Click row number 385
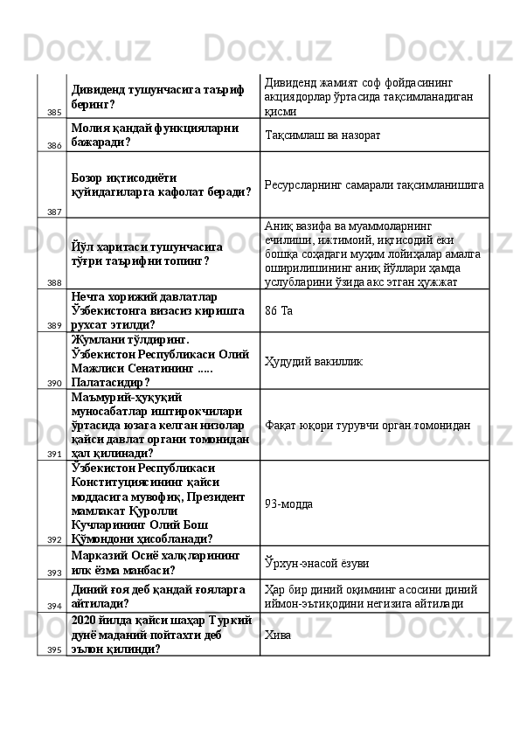pyautogui.click(x=54, y=113)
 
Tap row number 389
pyautogui.click(x=54, y=325)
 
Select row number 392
pyautogui.click(x=54, y=540)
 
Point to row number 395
pyautogui.click(x=54, y=649)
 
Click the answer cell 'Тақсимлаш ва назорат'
pyautogui.click(x=323, y=135)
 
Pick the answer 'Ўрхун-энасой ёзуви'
pyautogui.click(x=318, y=560)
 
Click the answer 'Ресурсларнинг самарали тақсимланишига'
pyautogui.click(x=375, y=186)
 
